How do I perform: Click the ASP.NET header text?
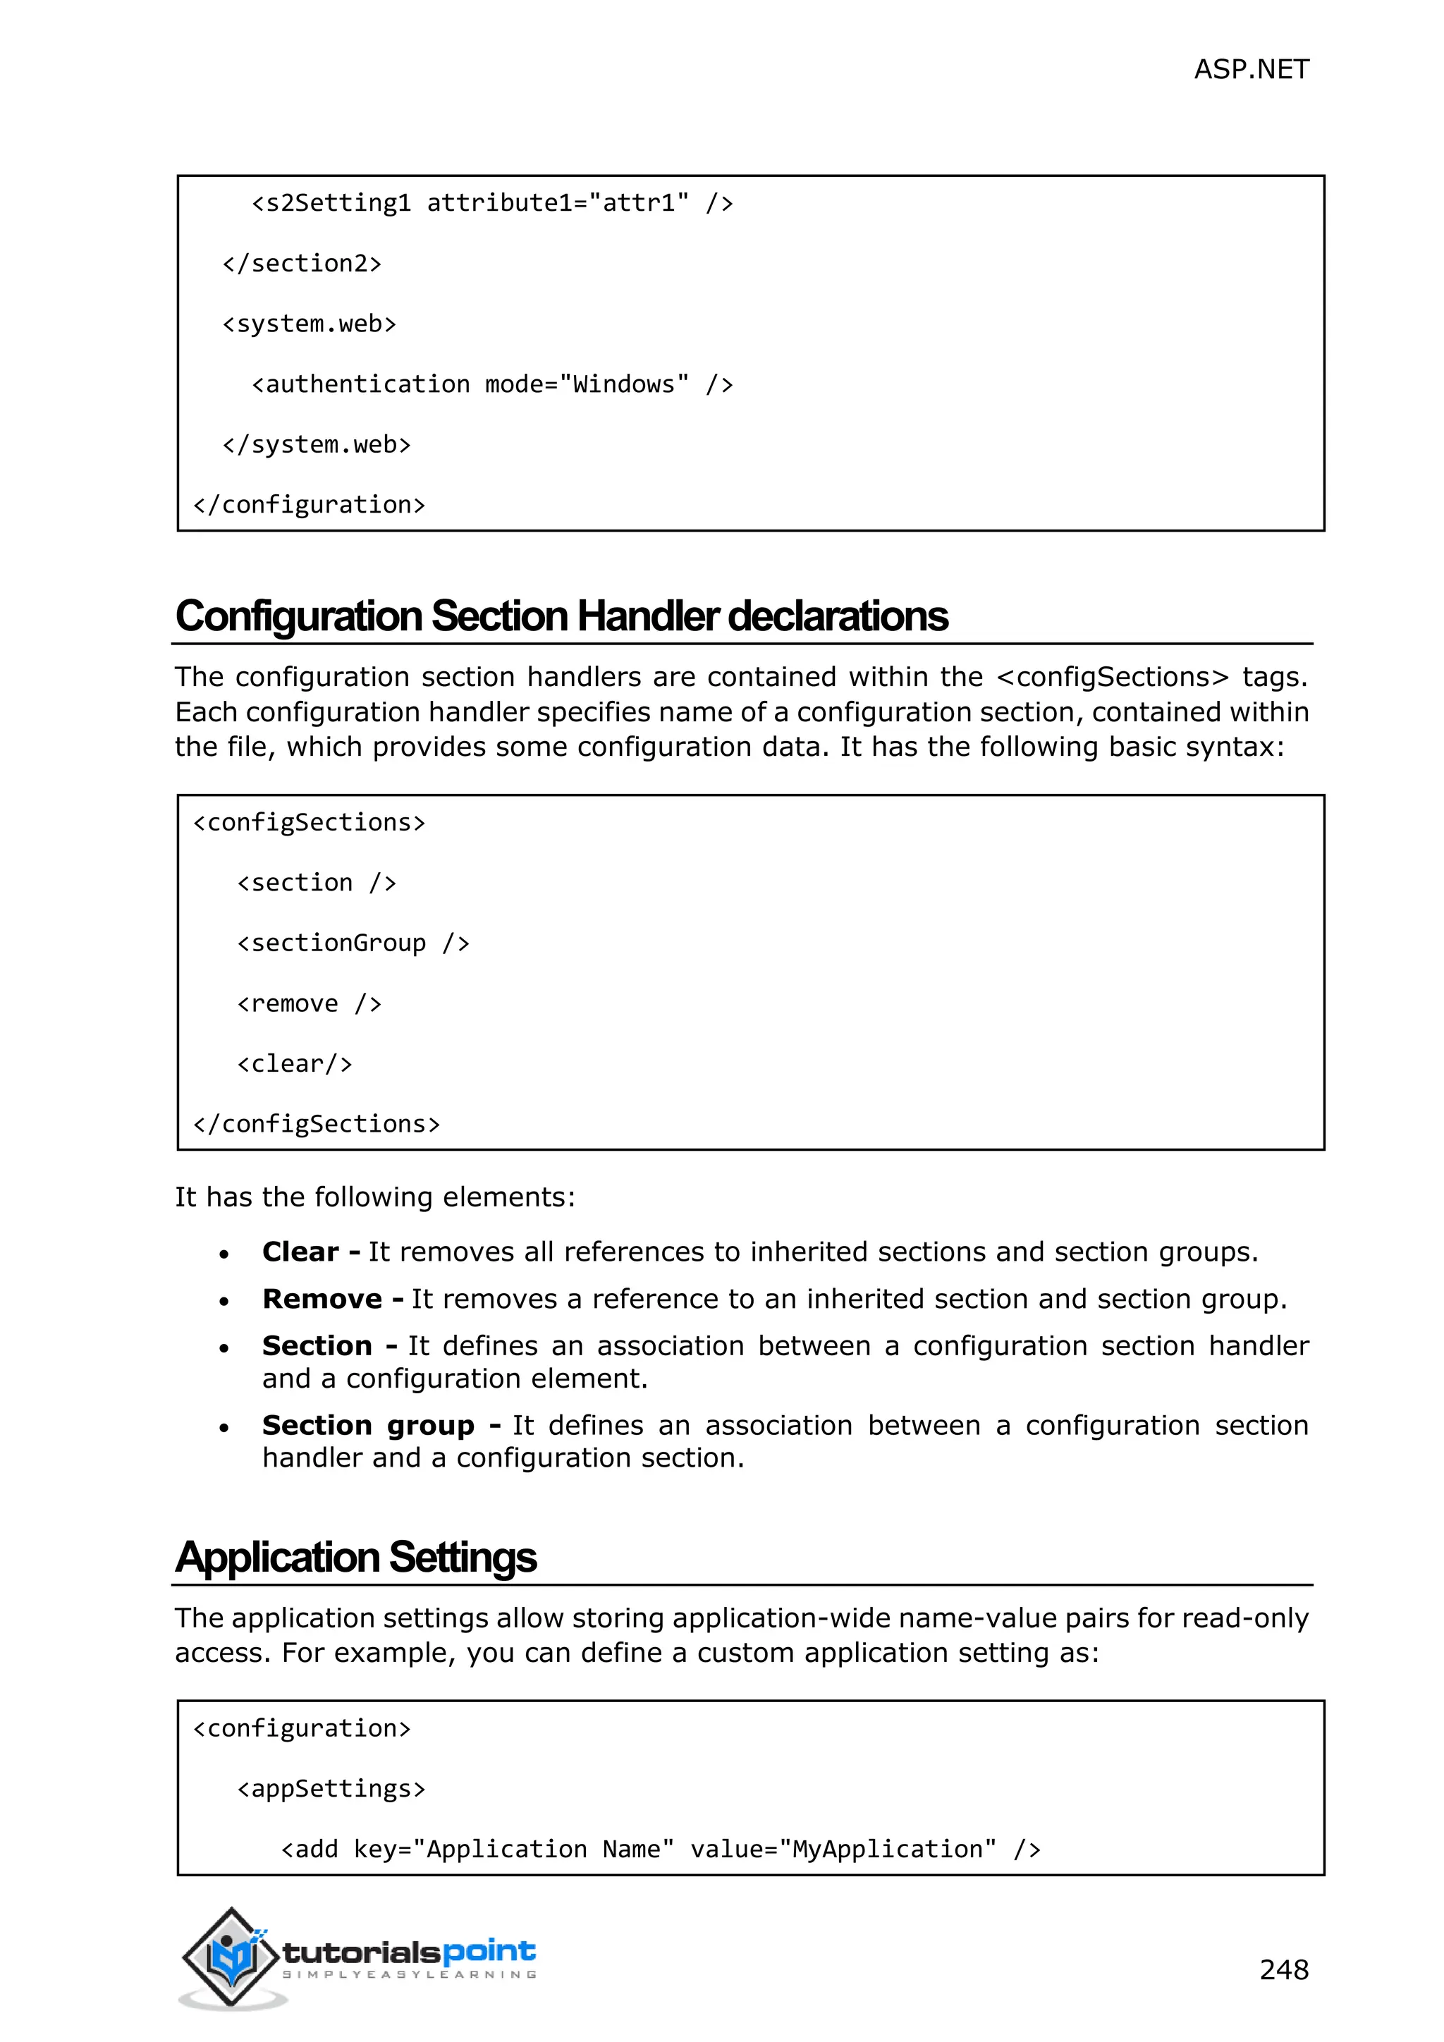coord(1250,69)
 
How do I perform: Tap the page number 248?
coord(1283,1970)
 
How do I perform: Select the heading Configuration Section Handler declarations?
coord(561,616)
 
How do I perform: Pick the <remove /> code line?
coord(309,1004)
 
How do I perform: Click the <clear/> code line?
coord(294,1065)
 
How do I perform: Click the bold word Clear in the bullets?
coord(300,1252)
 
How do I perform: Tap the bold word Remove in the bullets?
coord(322,1300)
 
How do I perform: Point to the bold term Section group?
coord(368,1426)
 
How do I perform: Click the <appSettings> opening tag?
coord(331,1790)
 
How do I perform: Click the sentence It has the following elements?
coord(374,1198)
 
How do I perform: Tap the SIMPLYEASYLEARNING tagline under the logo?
coord(410,1975)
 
